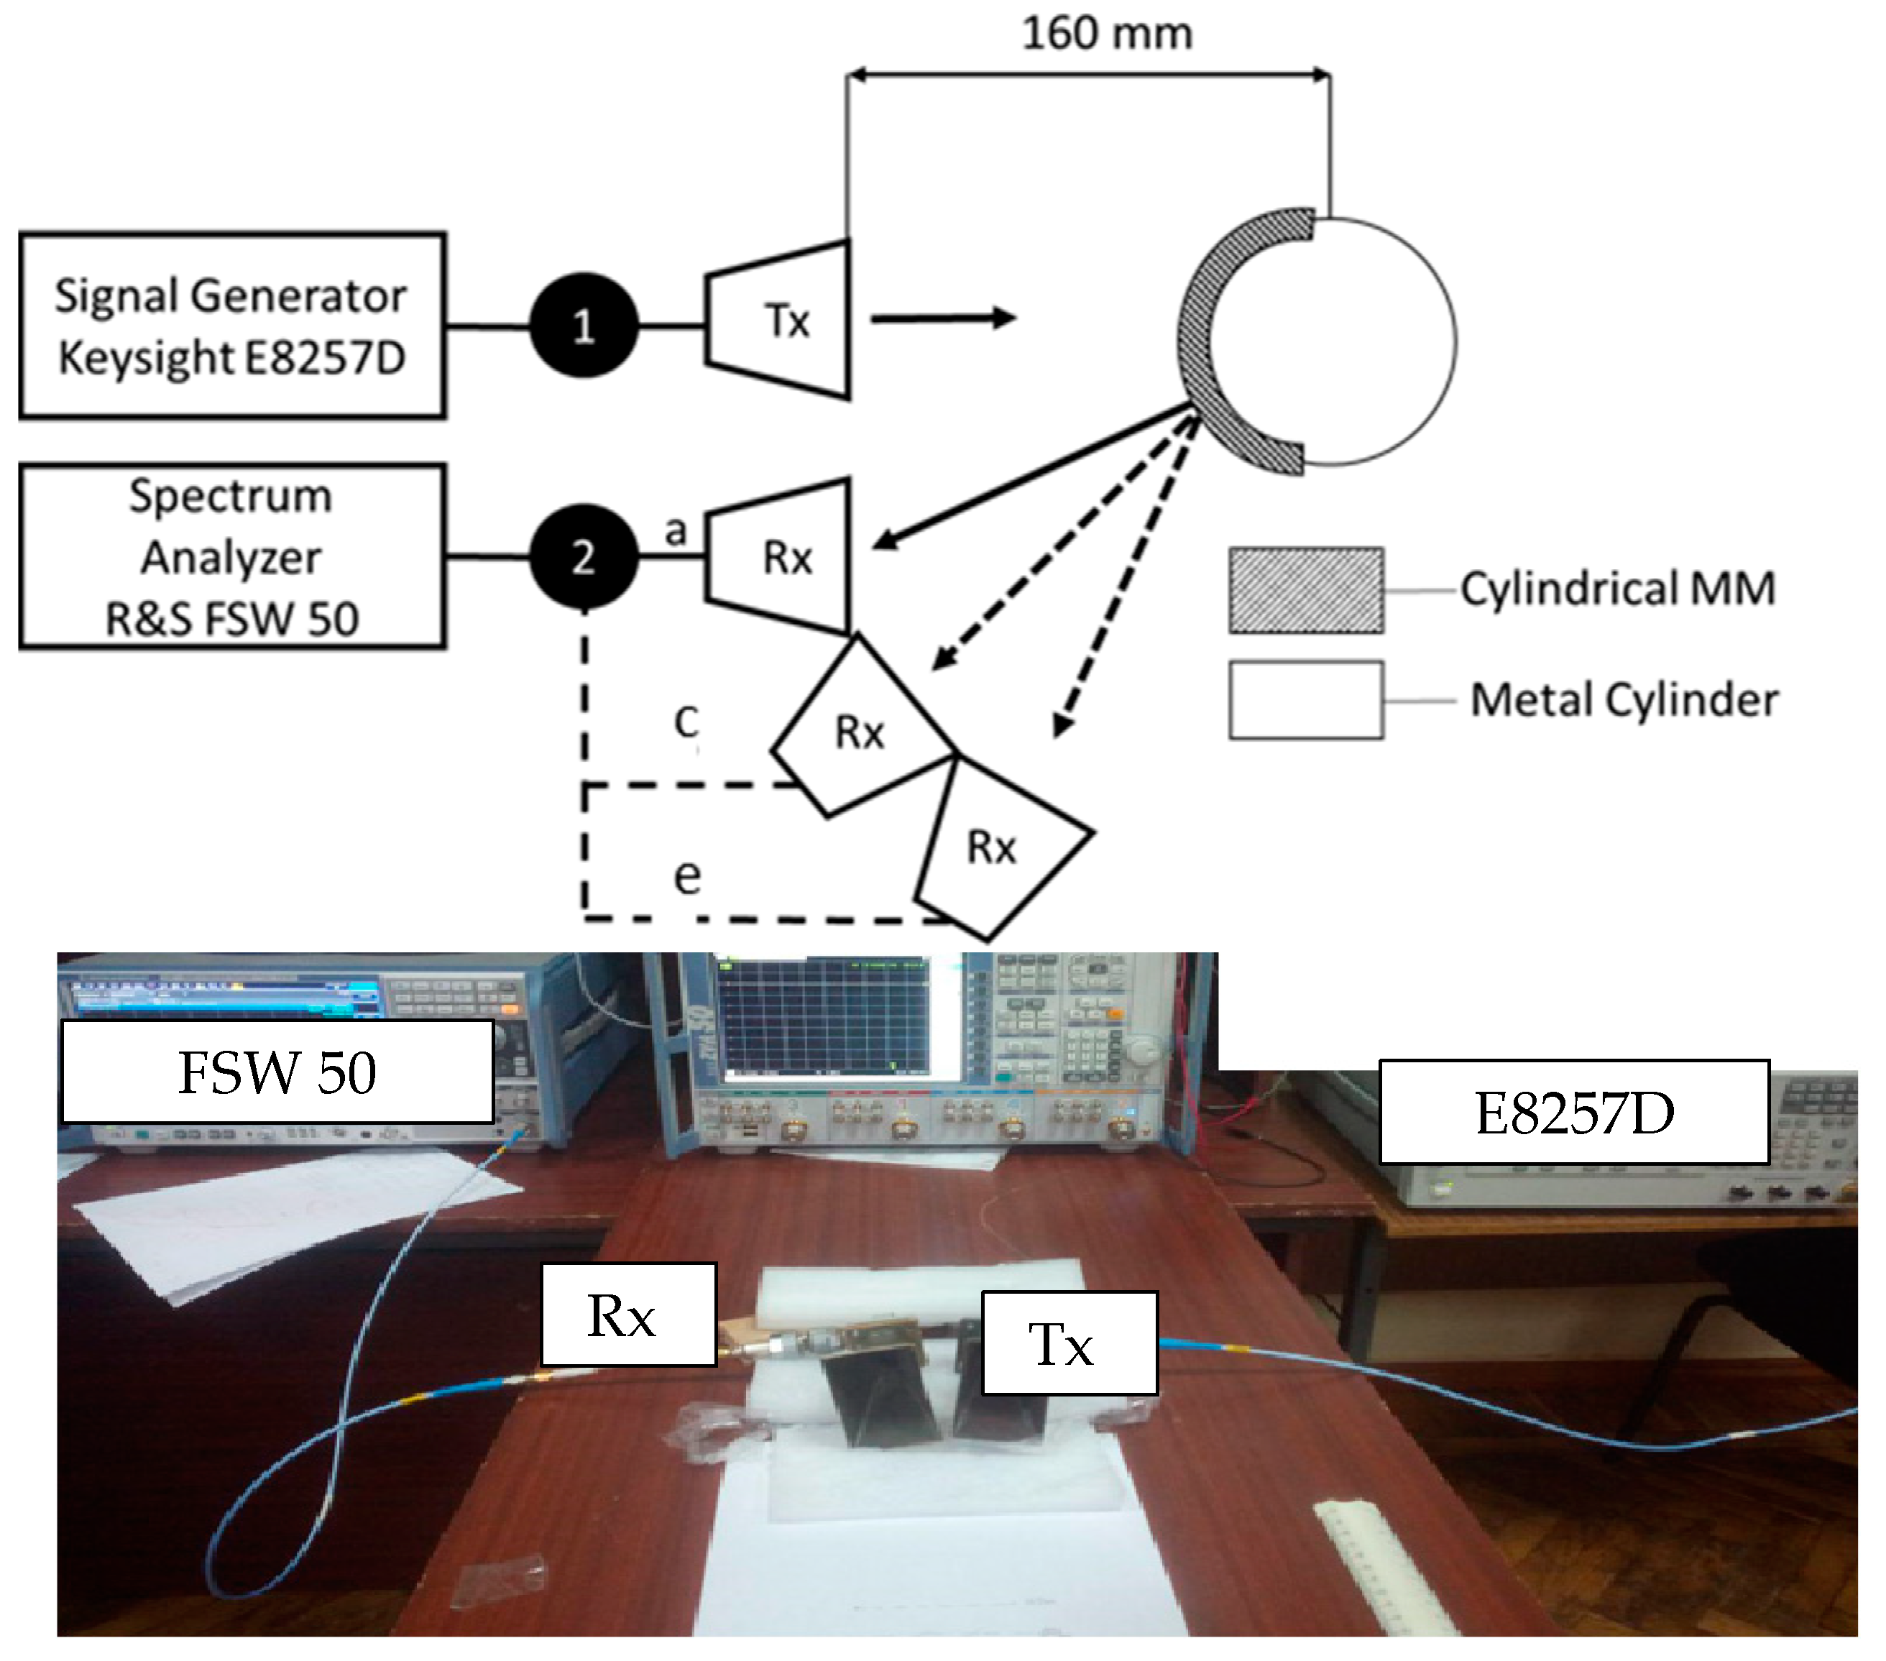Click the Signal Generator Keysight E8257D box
[231, 326]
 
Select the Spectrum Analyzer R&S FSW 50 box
[231, 556]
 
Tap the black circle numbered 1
[583, 326]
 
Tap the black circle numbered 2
[583, 556]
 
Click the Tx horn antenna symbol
[781, 321]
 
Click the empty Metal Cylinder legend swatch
[1305, 699]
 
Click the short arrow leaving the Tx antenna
[941, 318]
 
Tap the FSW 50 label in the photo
[277, 1072]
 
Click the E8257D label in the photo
[1573, 1112]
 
